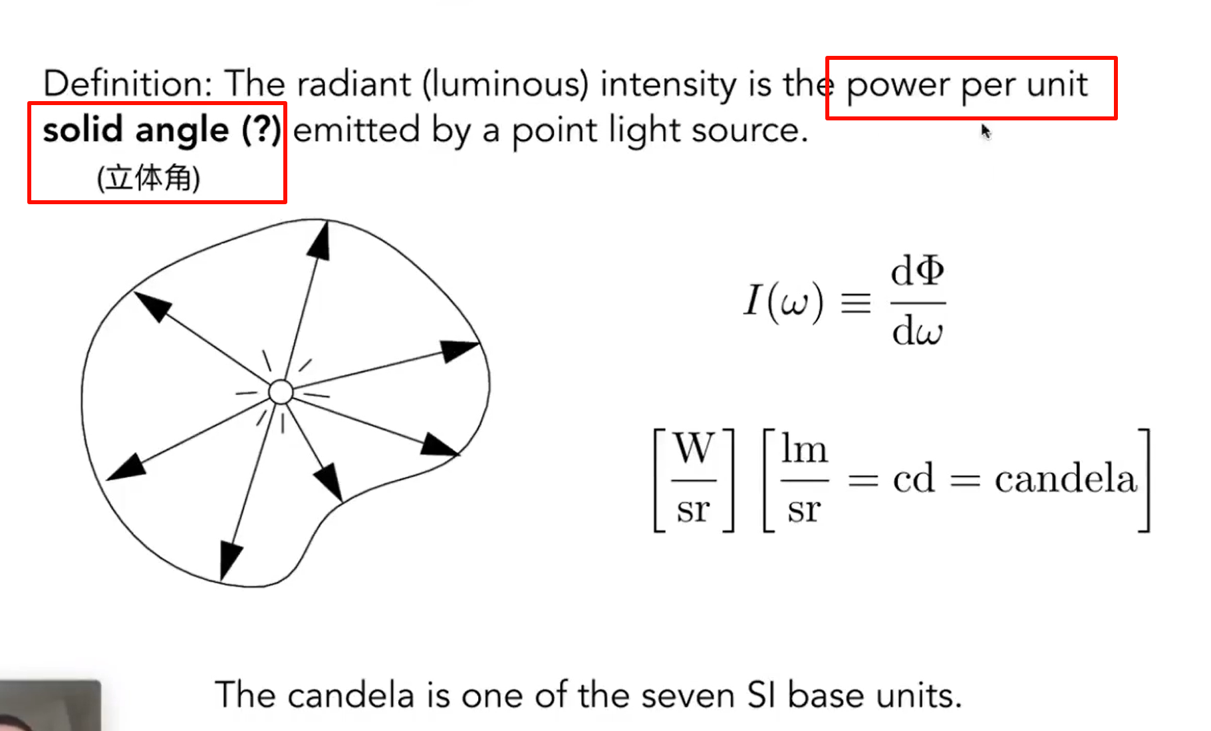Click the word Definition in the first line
point(126,84)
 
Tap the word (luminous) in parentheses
point(505,84)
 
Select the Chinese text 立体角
point(148,178)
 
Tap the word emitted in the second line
point(356,130)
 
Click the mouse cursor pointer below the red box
point(985,130)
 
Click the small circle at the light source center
point(281,392)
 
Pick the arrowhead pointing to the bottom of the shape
point(229,559)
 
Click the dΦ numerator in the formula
point(917,271)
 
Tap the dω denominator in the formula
point(917,331)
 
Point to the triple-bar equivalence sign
point(856,303)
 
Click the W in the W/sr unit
point(694,448)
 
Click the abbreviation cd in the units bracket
point(914,479)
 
